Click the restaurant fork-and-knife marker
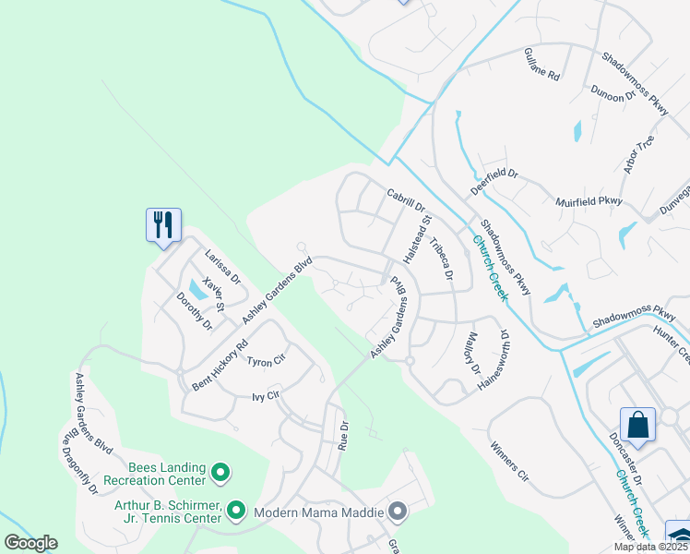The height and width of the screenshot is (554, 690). (x=163, y=224)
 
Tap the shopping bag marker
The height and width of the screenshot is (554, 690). (x=637, y=425)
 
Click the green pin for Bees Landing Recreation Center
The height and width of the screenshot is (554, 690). (x=220, y=474)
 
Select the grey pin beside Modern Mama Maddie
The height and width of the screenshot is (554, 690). (x=398, y=511)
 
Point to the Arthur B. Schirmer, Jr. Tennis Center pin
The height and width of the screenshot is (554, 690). (x=235, y=510)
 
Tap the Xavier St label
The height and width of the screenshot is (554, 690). (x=214, y=293)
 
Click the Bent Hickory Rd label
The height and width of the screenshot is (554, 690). (x=220, y=365)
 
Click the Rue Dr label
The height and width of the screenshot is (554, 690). (x=344, y=434)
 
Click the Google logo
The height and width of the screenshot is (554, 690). (x=30, y=543)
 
